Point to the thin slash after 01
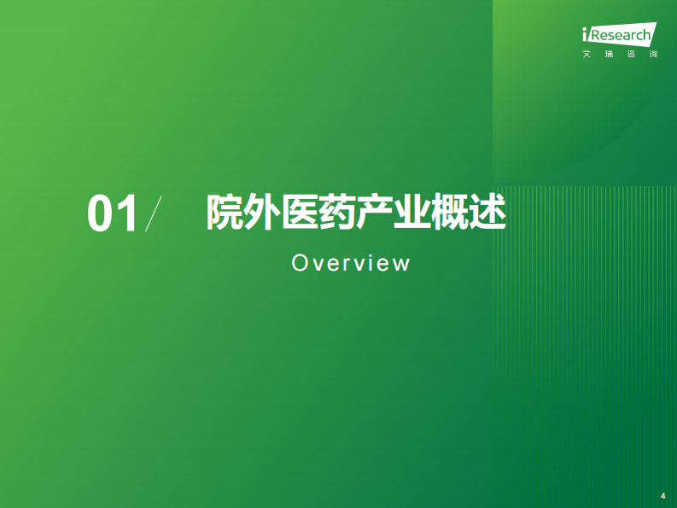pyautogui.click(x=153, y=214)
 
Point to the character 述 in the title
pyautogui.click(x=488, y=213)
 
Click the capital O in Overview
pyautogui.click(x=299, y=263)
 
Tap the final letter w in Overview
pyautogui.click(x=401, y=264)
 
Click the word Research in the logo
pyautogui.click(x=621, y=36)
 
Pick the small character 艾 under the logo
pyautogui.click(x=587, y=55)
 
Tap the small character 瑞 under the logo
pyautogui.click(x=609, y=55)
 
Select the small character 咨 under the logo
pyautogui.click(x=631, y=55)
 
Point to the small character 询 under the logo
pyautogui.click(x=653, y=55)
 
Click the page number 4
pyautogui.click(x=663, y=495)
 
